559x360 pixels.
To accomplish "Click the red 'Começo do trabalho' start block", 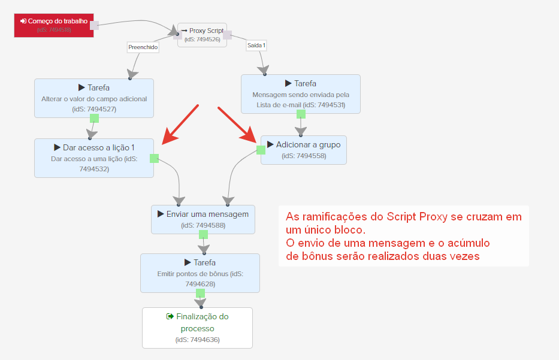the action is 54,25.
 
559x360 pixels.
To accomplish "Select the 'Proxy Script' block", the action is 202,35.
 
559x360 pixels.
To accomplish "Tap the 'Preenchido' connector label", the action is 143,47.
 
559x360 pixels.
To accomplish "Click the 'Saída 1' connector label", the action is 256,46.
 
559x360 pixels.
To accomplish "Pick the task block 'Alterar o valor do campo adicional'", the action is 94,98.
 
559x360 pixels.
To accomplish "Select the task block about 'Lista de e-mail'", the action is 301,94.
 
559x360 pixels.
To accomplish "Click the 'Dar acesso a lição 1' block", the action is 94,158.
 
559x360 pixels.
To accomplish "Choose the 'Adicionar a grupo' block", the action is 304,150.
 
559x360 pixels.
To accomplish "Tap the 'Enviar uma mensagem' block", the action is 203,219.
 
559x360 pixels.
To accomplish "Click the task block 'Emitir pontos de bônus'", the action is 200,273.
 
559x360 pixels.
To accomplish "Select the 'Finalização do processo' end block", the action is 198,328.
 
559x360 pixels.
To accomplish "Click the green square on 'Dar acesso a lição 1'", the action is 155,158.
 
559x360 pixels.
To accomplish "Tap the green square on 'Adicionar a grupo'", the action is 261,150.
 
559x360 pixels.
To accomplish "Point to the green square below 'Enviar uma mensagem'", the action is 203,235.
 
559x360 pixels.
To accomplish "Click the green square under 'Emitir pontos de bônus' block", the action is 200,294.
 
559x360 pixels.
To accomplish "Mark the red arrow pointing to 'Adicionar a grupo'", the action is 237,125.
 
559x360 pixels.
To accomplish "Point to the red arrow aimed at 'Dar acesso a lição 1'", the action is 180,125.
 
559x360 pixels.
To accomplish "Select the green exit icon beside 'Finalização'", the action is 170,316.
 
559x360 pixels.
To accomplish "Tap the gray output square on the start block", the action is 95,25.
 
